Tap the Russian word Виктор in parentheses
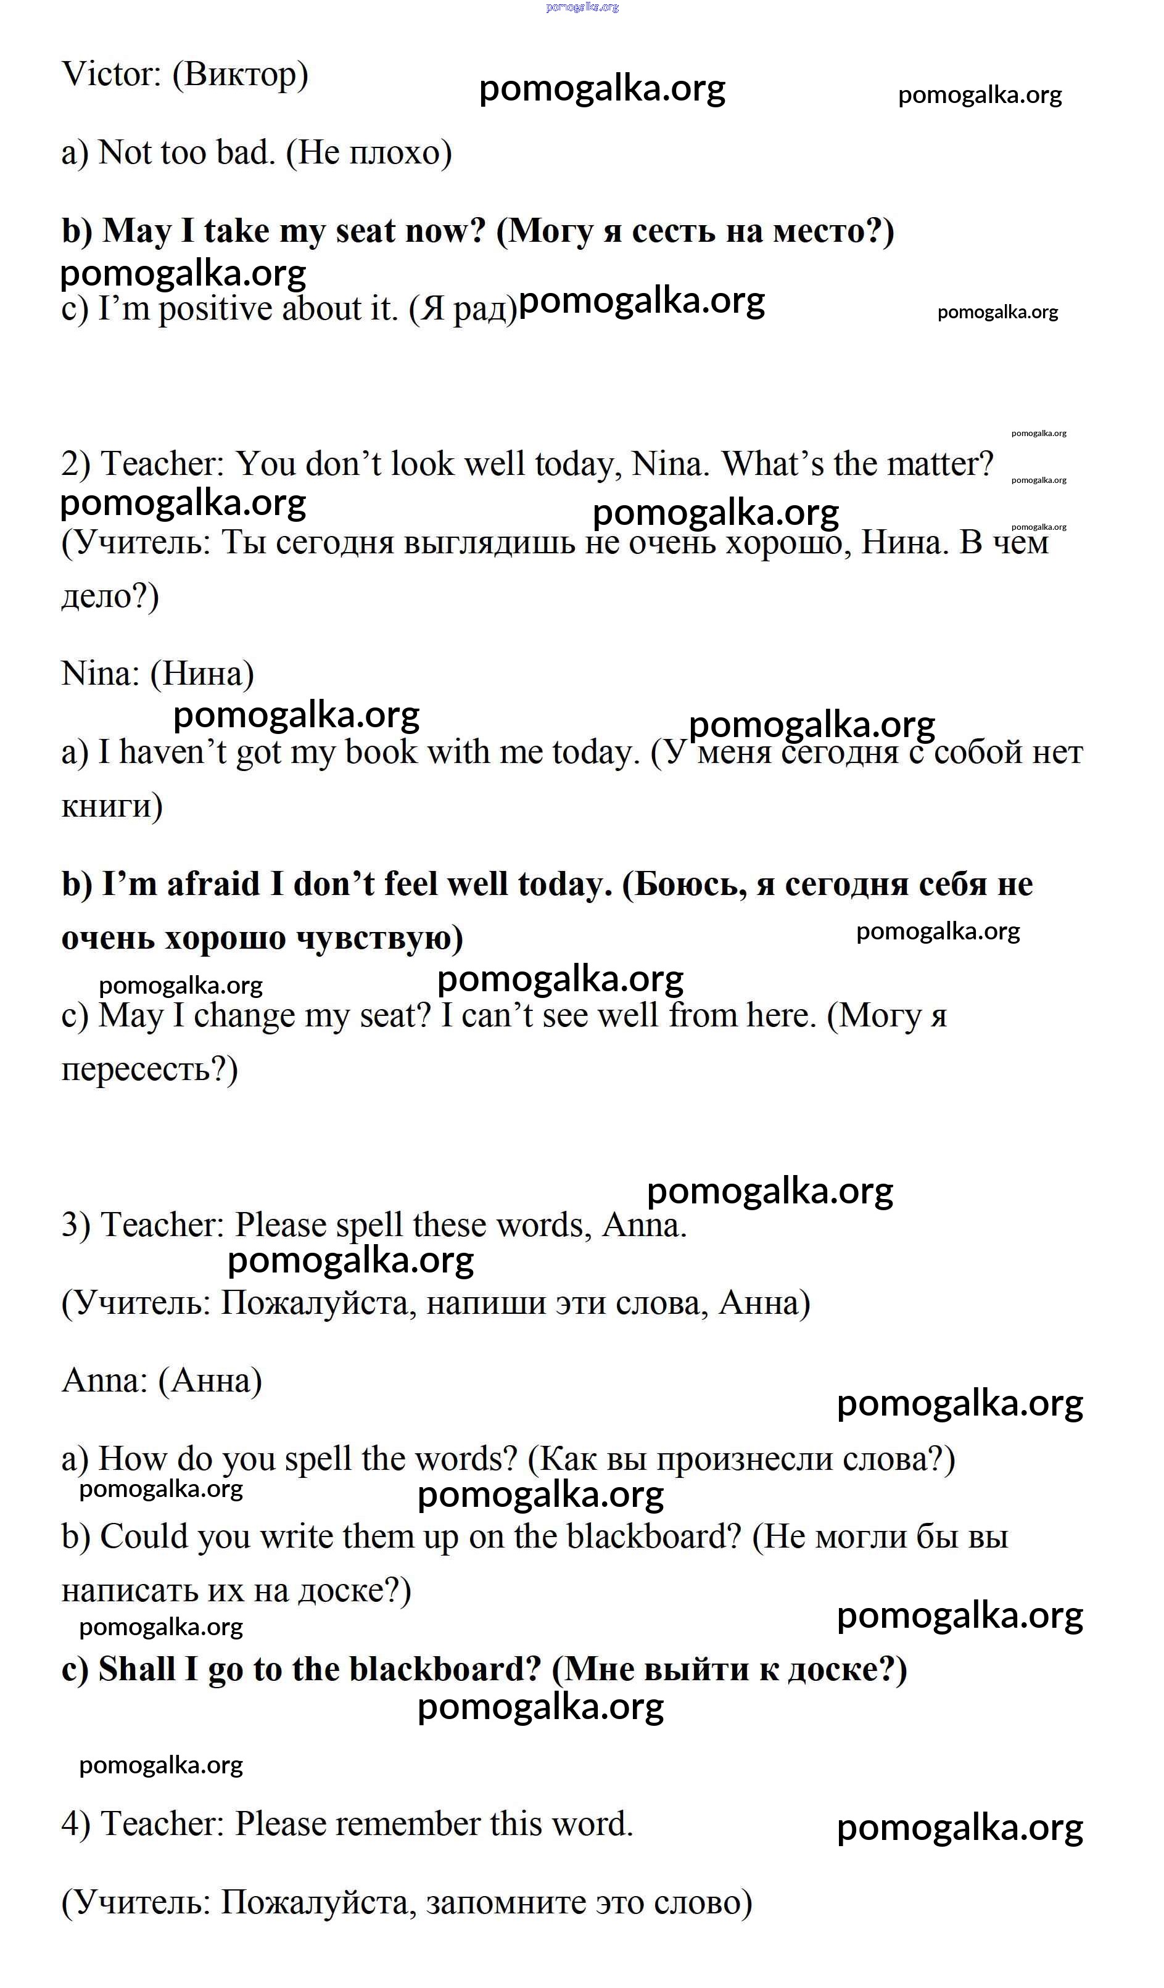coord(240,75)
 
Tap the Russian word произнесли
coord(744,1459)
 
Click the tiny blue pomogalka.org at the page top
coord(582,7)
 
